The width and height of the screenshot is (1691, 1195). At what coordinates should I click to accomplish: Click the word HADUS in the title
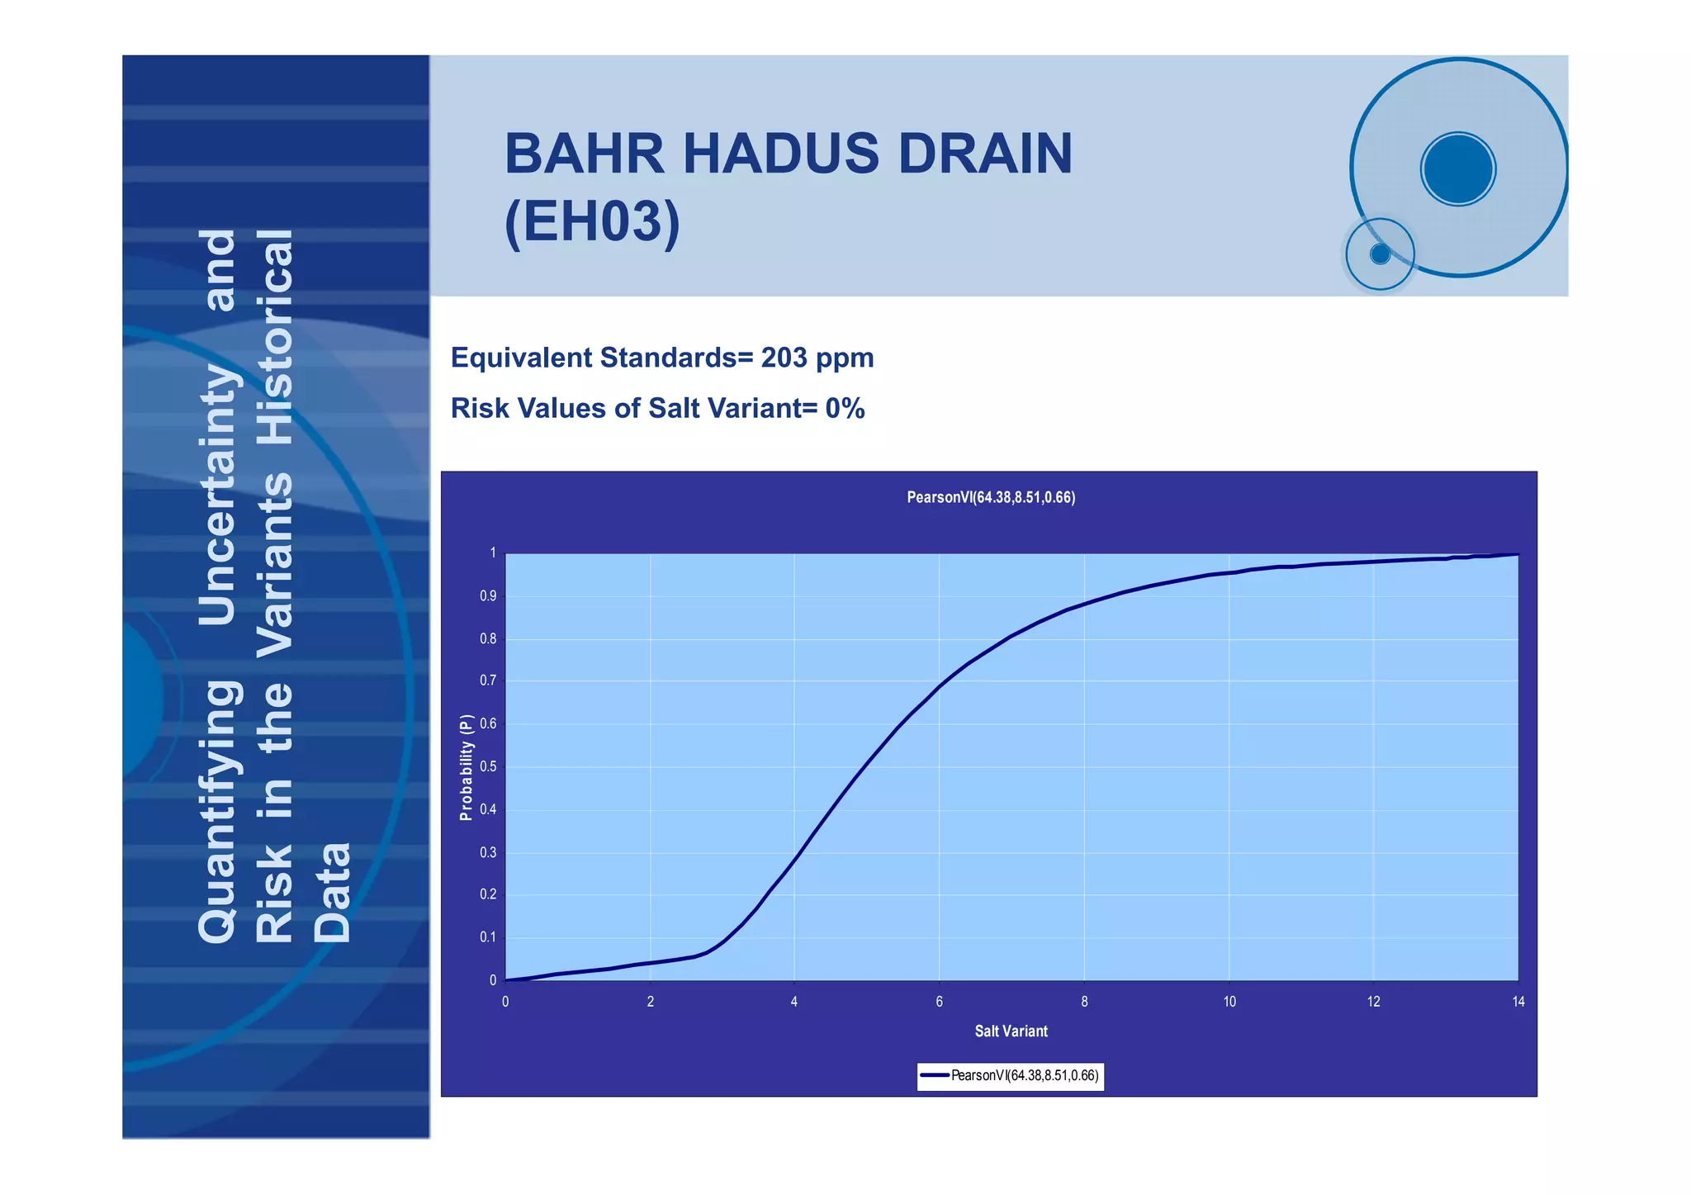780,154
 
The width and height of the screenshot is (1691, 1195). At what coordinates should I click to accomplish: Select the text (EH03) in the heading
592,222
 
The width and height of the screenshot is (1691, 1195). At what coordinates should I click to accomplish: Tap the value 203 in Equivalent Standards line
784,358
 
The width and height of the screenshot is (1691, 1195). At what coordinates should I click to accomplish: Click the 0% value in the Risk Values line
845,408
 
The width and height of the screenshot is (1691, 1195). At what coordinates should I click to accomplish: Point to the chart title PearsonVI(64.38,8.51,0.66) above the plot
990,497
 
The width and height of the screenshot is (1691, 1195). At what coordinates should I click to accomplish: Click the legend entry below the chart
1011,1075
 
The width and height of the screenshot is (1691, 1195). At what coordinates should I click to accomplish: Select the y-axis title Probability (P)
467,767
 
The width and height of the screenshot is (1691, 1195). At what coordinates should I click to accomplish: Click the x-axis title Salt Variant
1011,1031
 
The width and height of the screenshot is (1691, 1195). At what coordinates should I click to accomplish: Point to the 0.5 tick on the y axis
488,766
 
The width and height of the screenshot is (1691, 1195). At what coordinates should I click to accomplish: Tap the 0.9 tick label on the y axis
488,595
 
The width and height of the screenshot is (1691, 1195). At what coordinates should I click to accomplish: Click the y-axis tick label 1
493,552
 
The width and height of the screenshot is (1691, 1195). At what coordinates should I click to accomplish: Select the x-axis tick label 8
1084,1002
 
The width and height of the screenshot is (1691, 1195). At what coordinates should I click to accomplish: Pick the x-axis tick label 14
1518,1002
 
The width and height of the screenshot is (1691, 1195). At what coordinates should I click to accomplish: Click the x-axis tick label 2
650,1002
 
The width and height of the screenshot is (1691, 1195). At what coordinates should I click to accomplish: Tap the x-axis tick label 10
1229,1002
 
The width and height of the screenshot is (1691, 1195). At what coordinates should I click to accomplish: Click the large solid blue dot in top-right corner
1458,168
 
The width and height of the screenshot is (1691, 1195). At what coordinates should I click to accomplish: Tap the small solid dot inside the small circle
1380,254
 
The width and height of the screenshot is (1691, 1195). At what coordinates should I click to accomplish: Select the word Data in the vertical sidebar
334,893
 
